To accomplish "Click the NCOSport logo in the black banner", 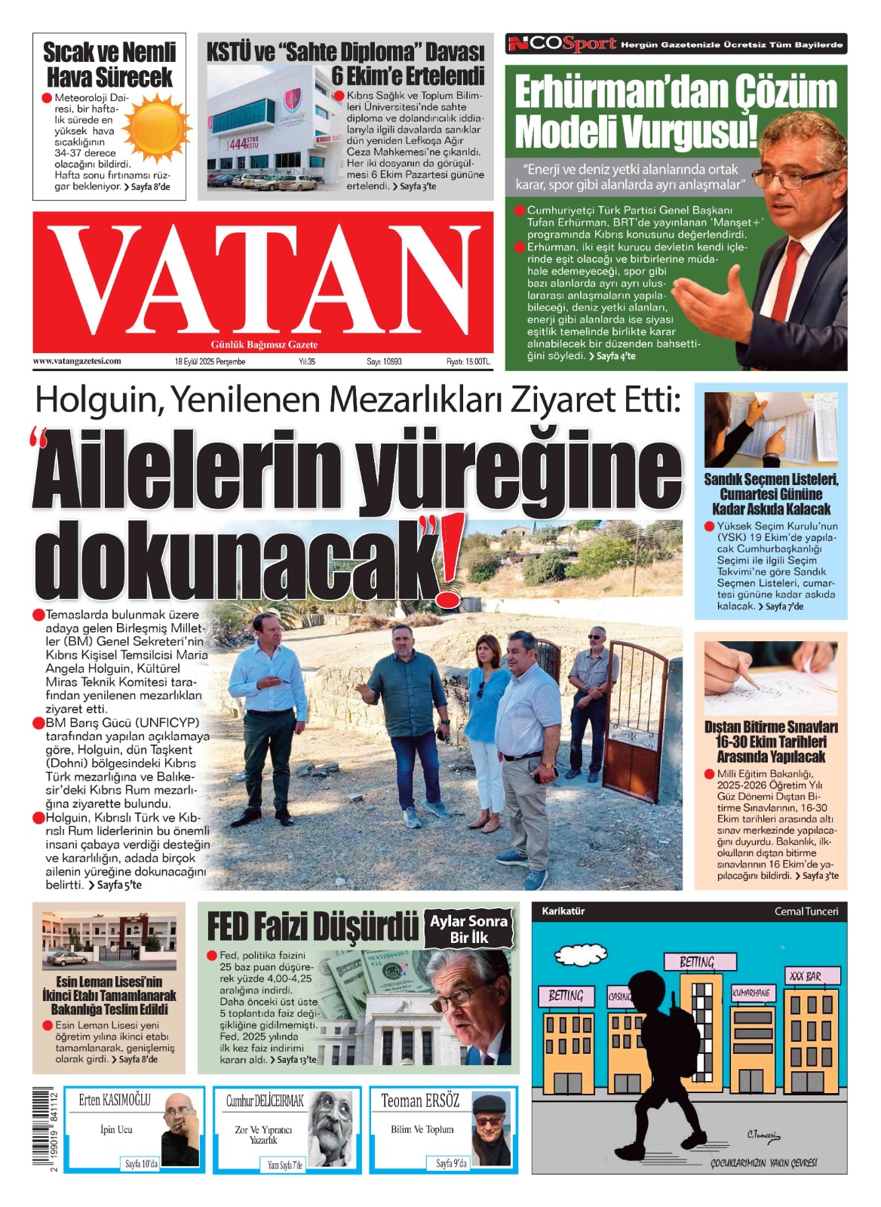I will pos(563,45).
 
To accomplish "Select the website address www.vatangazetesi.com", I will pos(77,361).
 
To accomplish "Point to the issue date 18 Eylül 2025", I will pos(210,361).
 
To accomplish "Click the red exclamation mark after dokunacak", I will pos(452,560).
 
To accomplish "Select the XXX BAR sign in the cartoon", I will pos(805,976).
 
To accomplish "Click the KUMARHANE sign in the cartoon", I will pos(751,994).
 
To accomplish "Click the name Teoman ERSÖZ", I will pos(419,1101).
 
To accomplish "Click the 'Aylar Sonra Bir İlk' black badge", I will pos(469,929).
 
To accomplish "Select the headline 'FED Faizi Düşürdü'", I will pos(312,927).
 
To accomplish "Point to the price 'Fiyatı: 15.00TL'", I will pos(468,361).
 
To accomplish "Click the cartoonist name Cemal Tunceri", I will pos(806,911).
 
